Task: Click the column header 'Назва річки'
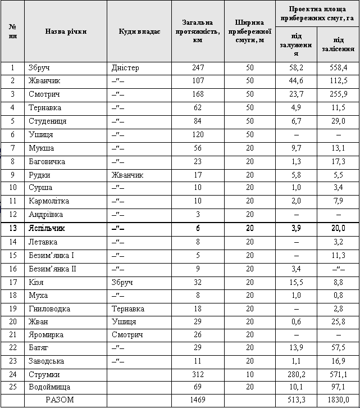click(66, 31)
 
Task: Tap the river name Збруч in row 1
click(39, 68)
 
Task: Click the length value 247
click(198, 68)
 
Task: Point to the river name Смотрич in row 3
click(44, 94)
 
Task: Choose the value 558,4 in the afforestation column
click(338, 68)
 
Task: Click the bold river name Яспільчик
click(47, 228)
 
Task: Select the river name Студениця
click(48, 121)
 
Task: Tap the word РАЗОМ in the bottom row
click(60, 400)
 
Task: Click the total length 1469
click(198, 400)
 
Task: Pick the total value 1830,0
click(338, 400)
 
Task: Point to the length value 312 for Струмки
click(198, 374)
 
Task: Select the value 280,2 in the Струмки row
click(297, 374)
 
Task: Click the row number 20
click(12, 321)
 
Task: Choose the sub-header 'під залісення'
click(338, 44)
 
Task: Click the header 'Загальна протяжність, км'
click(198, 31)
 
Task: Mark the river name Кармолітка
click(49, 201)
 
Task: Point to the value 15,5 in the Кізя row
click(297, 282)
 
